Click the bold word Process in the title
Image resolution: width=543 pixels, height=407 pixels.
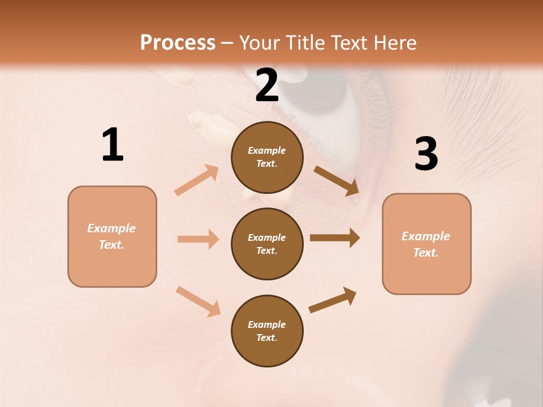point(178,42)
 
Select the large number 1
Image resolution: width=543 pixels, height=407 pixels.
point(113,145)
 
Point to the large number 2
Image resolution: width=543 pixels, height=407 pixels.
point(267,85)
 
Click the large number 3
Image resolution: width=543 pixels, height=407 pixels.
point(426,154)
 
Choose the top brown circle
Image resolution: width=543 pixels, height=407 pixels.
point(267,157)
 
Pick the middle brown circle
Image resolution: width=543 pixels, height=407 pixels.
point(267,244)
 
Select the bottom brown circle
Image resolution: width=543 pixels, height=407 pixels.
point(267,331)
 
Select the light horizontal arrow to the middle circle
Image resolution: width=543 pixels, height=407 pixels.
point(198,239)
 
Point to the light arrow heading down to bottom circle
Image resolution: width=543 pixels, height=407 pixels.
point(198,301)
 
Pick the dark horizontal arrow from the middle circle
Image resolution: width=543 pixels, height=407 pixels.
point(334,238)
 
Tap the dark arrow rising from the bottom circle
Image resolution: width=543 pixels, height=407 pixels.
point(333,300)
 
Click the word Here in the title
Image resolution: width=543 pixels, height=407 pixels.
point(394,42)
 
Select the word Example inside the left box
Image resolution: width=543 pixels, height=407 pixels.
point(111,228)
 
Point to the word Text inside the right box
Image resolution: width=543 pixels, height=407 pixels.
point(426,253)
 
